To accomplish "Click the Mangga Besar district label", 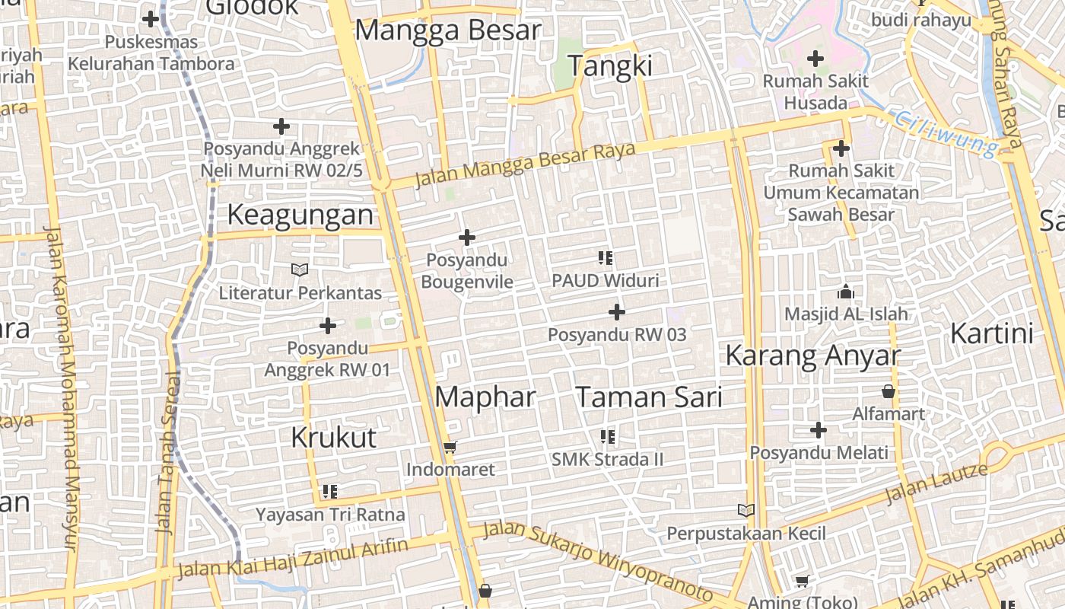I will tap(448, 30).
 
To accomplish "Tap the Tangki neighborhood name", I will tap(611, 66).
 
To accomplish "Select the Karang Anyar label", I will tap(812, 355).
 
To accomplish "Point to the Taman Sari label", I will tap(648, 397).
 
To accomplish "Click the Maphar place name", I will tap(485, 397).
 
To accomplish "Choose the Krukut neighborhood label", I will tap(334, 437).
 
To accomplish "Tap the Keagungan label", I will tap(300, 215).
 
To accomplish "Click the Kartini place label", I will tap(992, 333).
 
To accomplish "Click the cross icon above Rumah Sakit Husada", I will tap(815, 58).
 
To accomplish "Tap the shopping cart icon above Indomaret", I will tap(450, 447).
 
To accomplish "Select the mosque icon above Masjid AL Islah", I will tap(845, 292).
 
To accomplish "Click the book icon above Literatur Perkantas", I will tap(300, 269).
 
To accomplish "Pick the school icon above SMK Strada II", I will tap(607, 437).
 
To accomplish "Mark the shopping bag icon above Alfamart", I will tap(888, 392).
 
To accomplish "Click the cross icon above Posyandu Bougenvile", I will tap(467, 238).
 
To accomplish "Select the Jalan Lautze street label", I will tap(936, 483).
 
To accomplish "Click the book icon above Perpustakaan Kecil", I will tap(746, 510).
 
